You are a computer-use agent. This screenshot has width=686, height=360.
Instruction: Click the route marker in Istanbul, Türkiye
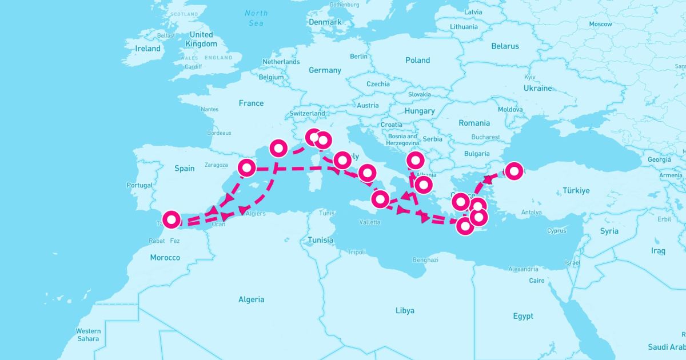[514, 171]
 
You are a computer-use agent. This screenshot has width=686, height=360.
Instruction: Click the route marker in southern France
[278, 148]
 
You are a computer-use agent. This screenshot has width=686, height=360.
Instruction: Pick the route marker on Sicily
[380, 199]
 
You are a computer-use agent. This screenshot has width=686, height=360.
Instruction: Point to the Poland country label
[417, 60]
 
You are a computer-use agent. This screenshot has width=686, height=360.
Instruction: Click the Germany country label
[325, 70]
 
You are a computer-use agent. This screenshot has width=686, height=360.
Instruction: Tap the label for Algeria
[252, 299]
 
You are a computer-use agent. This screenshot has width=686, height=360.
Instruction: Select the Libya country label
[404, 310]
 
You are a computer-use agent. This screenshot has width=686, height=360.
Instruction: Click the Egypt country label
[523, 316]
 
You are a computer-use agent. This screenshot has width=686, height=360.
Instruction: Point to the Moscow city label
[600, 24]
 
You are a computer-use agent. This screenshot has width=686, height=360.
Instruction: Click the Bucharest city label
[486, 137]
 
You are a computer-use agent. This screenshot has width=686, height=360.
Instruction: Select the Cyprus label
[556, 231]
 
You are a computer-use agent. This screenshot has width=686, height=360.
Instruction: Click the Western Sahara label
[88, 335]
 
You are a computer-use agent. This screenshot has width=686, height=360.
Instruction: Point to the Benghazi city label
[425, 259]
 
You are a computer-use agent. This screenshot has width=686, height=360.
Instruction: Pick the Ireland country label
[147, 49]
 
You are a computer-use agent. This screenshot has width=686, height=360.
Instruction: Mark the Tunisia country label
[320, 240]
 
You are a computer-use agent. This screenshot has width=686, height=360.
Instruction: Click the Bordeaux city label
[219, 133]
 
